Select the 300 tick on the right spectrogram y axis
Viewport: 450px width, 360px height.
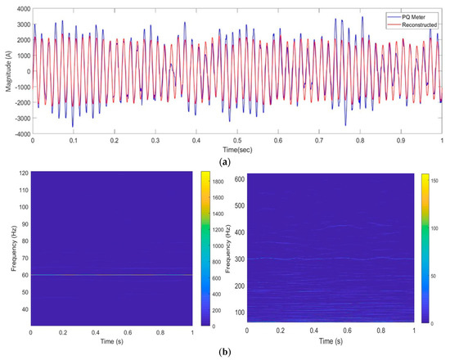242,259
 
